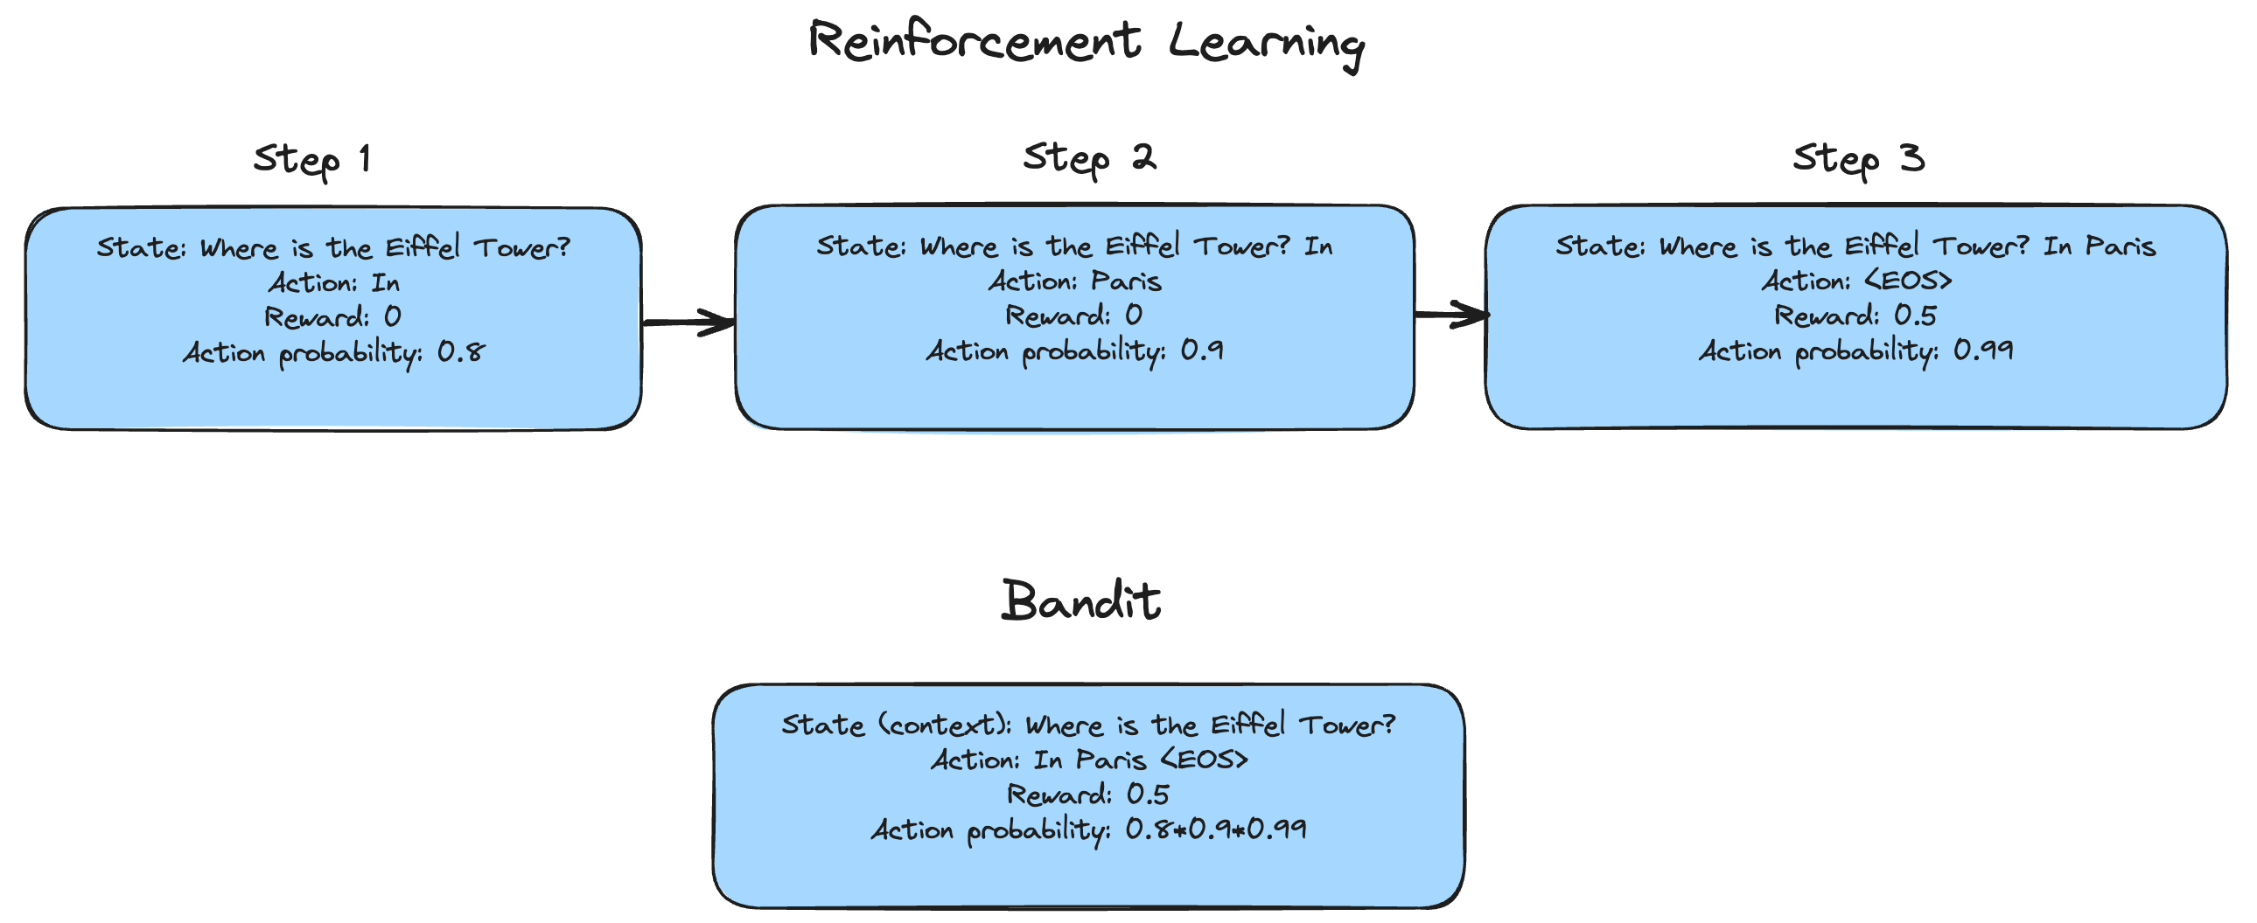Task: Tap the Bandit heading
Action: [1081, 600]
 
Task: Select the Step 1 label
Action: [312, 160]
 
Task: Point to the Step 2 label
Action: [1090, 158]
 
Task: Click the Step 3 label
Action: [1858, 159]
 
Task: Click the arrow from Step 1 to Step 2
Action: [688, 323]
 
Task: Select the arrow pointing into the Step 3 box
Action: [1452, 314]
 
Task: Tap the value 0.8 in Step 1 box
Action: [461, 352]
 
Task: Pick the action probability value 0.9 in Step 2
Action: [1202, 350]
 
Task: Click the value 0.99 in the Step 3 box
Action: [1984, 350]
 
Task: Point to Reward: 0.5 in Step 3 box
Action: [1855, 316]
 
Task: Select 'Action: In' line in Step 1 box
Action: [334, 283]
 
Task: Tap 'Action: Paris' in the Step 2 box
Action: [1075, 281]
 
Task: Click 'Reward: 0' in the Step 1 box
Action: [333, 317]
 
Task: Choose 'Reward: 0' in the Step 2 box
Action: [1073, 316]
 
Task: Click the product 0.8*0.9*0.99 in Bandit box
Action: [1216, 829]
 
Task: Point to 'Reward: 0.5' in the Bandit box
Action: [1088, 795]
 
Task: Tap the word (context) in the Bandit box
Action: [945, 725]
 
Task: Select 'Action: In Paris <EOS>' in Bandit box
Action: [1089, 760]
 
